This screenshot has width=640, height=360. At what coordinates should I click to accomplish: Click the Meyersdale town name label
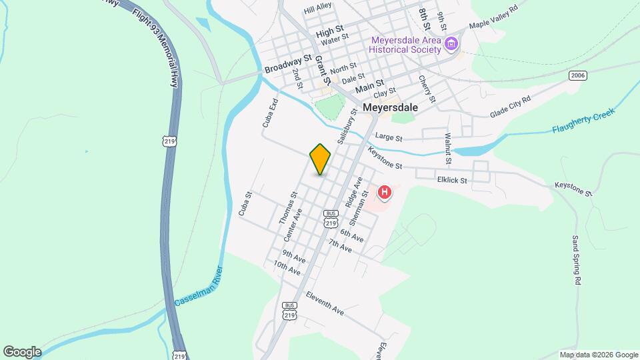tap(390, 107)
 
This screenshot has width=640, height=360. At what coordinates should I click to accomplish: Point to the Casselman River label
tap(199, 286)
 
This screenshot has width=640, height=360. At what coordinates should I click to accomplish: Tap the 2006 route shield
tap(577, 76)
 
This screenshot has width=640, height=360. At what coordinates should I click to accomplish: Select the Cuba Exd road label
tap(269, 113)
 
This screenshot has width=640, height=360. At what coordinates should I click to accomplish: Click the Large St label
tap(389, 137)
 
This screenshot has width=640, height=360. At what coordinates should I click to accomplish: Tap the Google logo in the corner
tap(21, 351)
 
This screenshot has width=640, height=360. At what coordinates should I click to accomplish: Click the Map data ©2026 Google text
tap(598, 355)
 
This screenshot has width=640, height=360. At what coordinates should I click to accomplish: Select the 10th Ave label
tap(287, 268)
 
